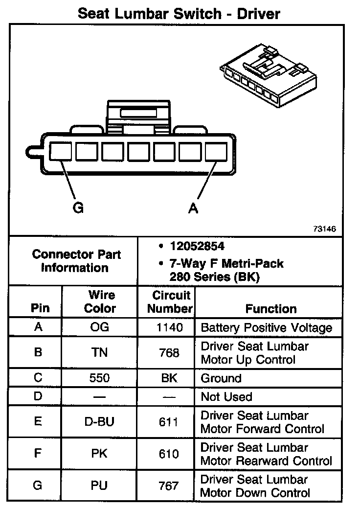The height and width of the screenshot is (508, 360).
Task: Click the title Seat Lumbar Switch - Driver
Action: pos(179,13)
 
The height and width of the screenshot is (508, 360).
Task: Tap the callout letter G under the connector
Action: pos(78,208)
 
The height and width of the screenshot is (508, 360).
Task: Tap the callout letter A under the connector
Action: pos(194,208)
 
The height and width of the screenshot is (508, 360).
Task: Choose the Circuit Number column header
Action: pos(170,301)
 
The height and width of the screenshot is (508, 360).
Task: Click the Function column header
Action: pos(271,309)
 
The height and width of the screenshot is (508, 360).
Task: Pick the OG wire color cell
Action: pos(100,327)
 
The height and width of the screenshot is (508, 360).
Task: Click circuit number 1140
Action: pos(169,327)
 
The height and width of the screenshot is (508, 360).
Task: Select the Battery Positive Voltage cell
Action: pos(267,327)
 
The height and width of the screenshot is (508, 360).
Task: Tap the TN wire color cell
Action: pos(100,353)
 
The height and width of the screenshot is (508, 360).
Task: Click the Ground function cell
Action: pos(221,378)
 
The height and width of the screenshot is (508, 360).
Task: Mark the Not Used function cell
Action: pos(226,396)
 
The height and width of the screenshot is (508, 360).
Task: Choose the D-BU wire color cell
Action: pos(100,422)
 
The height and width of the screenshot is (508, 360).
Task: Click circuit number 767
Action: pos(169,486)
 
